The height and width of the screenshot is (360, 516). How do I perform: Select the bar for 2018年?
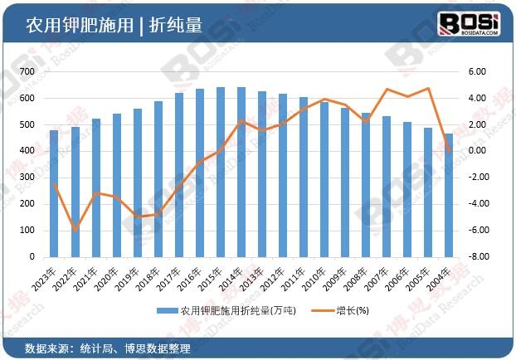[x=158, y=178]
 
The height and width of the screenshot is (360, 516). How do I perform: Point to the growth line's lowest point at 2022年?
[x=75, y=230]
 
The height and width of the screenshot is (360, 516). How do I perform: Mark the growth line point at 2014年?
[x=241, y=121]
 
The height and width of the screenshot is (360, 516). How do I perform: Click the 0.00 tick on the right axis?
[x=474, y=151]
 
